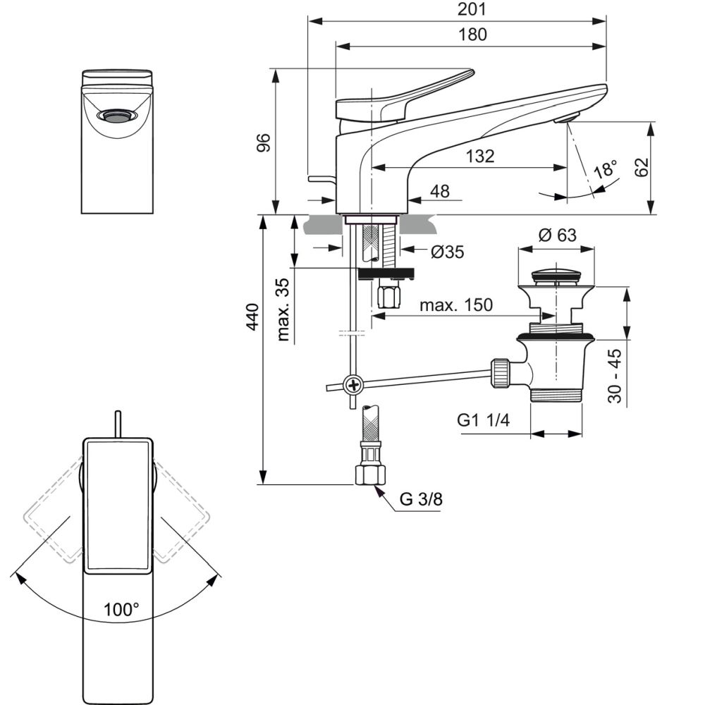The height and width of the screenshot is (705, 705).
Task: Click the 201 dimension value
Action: (472, 10)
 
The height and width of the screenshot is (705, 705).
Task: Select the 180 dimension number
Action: (472, 34)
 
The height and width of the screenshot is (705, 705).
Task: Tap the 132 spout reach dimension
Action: (479, 157)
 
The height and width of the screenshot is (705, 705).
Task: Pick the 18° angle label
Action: (605, 170)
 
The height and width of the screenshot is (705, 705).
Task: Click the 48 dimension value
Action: (439, 191)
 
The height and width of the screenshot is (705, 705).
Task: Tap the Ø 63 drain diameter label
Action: (557, 235)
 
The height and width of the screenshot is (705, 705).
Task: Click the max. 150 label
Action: (456, 305)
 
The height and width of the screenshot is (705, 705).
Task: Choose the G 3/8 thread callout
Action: (422, 500)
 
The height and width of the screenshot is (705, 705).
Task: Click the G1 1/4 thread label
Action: (483, 421)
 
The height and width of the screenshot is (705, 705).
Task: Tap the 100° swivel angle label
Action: (121, 609)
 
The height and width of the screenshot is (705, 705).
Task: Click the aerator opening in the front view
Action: (117, 116)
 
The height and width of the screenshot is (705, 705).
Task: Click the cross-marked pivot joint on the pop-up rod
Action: (352, 385)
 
